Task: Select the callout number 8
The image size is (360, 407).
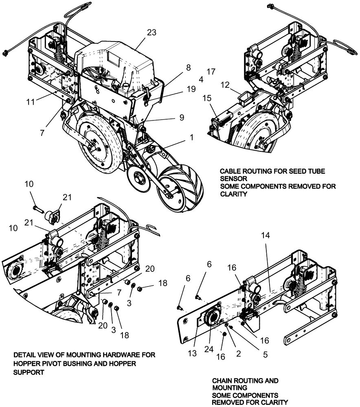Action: [x=188, y=68]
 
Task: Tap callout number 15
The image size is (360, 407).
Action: [x=207, y=98]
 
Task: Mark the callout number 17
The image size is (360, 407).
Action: [x=211, y=72]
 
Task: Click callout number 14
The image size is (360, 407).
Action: [x=265, y=236]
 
